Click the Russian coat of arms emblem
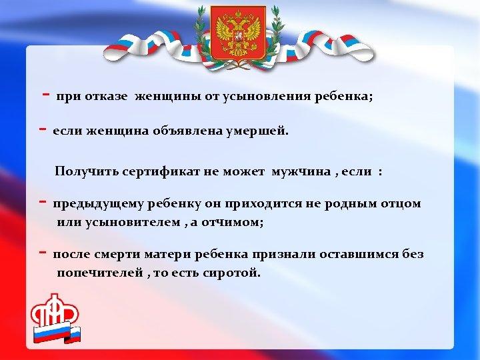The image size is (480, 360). [x=238, y=31]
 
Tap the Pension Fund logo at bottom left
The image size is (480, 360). [x=55, y=319]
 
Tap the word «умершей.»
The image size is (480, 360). [x=260, y=131]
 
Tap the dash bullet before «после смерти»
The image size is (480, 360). [x=42, y=253]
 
